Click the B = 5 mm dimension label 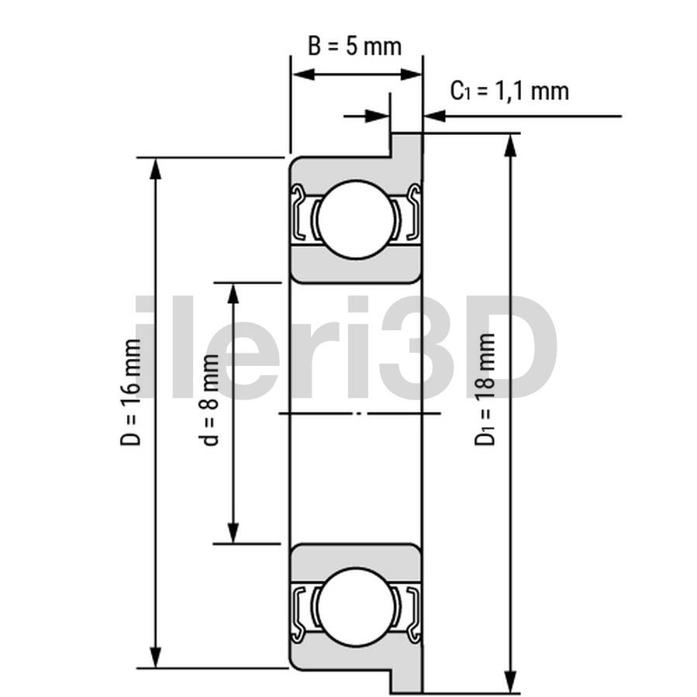pos(355,47)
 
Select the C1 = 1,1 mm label pos(509,91)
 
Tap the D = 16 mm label pos(131,392)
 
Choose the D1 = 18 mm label pos(485,389)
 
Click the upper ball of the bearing pos(356,219)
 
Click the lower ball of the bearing pos(356,607)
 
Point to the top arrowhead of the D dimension pos(155,169)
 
